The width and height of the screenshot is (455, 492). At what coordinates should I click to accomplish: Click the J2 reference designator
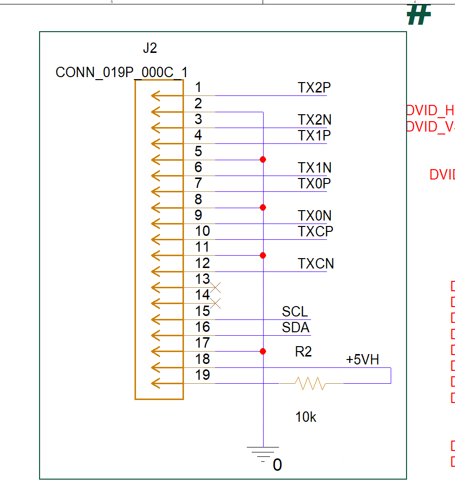(149, 48)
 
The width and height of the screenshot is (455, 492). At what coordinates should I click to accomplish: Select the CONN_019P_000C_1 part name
(121, 72)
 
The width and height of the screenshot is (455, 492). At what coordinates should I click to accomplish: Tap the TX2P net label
(314, 88)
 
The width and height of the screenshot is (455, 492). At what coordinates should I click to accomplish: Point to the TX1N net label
(314, 168)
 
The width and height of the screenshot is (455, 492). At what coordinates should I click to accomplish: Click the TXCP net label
(315, 231)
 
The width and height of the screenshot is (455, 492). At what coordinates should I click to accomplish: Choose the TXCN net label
(316, 264)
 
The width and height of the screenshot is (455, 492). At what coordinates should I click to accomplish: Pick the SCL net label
(295, 312)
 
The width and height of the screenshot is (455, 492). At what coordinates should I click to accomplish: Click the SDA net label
(295, 327)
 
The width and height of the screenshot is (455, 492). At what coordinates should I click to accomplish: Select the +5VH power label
(363, 359)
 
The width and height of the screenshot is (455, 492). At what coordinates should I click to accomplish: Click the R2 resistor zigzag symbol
(311, 383)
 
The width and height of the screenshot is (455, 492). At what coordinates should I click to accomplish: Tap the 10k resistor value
(306, 417)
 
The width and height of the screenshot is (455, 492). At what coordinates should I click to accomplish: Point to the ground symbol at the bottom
(263, 453)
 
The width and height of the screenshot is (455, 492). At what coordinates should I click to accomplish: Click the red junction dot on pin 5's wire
(263, 159)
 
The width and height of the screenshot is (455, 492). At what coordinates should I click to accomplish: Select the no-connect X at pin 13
(215, 287)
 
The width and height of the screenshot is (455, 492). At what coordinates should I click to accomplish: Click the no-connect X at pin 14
(215, 303)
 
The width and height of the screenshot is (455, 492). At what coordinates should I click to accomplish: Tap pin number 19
(202, 375)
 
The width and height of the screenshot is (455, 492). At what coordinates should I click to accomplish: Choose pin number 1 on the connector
(198, 88)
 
